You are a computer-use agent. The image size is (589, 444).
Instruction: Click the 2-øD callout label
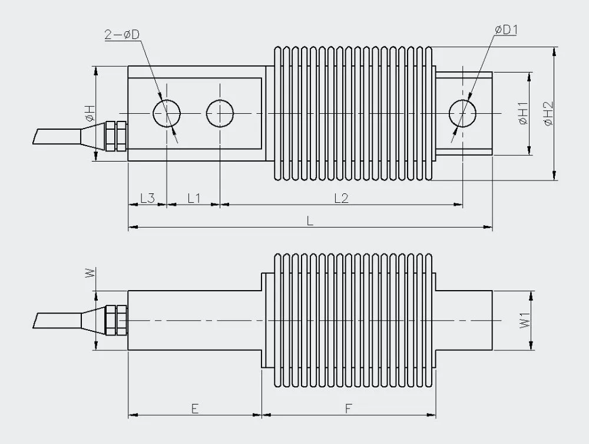tap(122, 35)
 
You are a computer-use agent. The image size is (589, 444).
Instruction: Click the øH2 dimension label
tap(548, 113)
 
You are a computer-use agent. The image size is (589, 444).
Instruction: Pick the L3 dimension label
tap(147, 198)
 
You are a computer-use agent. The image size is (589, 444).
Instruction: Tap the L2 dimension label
tap(342, 198)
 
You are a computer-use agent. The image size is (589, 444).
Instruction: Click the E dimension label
tap(194, 408)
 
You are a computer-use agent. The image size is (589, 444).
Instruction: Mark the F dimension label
tap(349, 408)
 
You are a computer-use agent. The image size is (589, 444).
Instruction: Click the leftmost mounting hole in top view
tap(167, 113)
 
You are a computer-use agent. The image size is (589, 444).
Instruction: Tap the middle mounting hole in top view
tap(220, 113)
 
